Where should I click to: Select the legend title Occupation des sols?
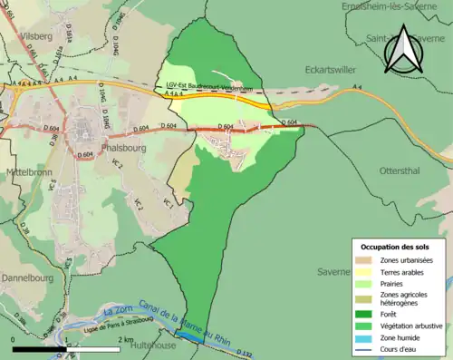point(395,247)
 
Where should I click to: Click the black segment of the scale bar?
point(25,349)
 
